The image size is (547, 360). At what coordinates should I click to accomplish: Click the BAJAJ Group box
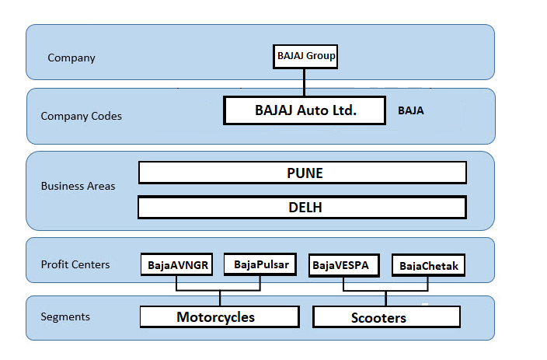(306, 56)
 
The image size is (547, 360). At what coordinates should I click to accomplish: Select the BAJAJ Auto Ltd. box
(305, 110)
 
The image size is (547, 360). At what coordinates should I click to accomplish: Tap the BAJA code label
(410, 111)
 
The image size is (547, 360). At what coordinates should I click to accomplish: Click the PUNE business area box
(302, 173)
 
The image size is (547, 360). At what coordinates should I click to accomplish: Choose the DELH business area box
(301, 208)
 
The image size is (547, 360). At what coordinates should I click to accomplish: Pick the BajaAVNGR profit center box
(177, 265)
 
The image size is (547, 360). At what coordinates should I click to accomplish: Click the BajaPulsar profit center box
(260, 264)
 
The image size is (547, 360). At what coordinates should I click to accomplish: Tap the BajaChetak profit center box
(428, 266)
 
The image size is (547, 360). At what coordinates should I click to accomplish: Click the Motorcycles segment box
(219, 316)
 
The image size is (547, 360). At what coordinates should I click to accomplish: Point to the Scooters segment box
(386, 317)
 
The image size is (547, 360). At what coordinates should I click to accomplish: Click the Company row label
(71, 58)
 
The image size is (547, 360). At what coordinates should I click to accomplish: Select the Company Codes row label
(82, 116)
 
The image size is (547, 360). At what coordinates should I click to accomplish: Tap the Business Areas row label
(78, 187)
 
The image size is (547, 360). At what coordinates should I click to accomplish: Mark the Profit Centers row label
(75, 264)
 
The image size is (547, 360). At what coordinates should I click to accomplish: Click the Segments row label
(65, 316)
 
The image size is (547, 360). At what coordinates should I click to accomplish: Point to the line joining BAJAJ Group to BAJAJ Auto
(305, 82)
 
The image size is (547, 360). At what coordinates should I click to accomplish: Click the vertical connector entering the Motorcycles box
(220, 299)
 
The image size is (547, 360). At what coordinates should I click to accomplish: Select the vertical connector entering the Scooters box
(385, 299)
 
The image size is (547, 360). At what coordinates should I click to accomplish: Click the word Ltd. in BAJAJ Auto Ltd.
(342, 110)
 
